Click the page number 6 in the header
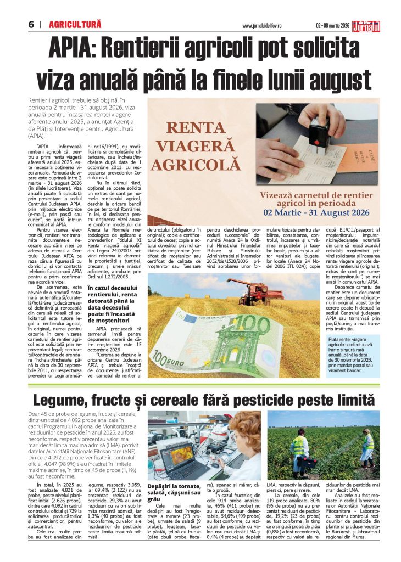pos(32,25)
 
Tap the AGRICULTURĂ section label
pos(75,25)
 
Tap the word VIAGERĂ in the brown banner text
pos(196,147)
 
